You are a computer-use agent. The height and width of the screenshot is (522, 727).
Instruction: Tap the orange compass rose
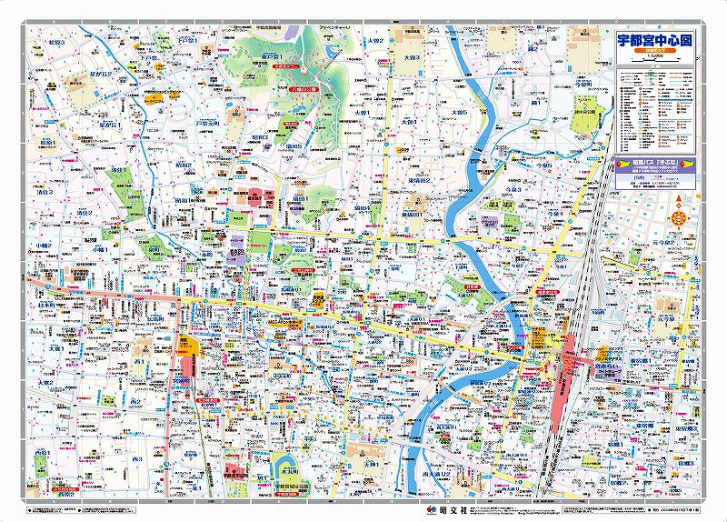point(677,218)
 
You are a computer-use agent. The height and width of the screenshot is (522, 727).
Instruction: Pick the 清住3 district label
point(43,194)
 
